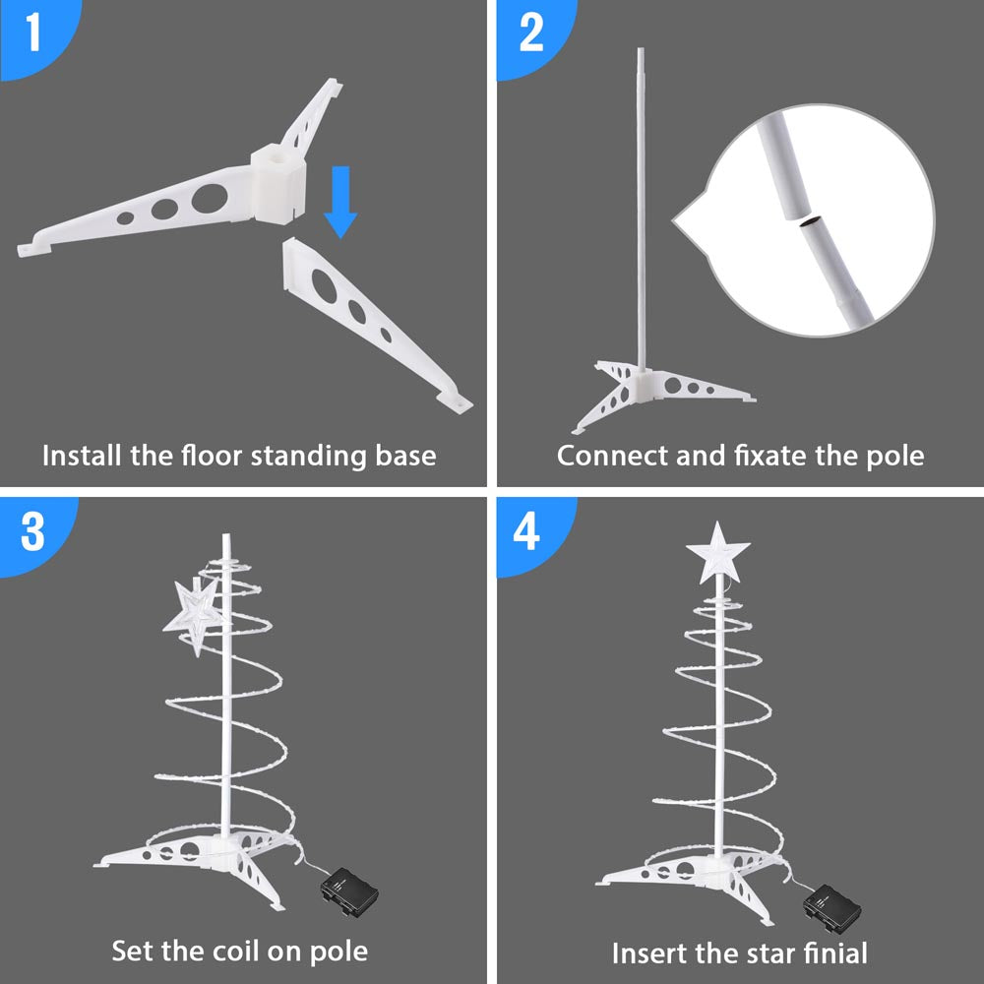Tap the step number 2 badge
530,33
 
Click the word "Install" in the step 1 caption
82,457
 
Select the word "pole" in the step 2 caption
895,457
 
